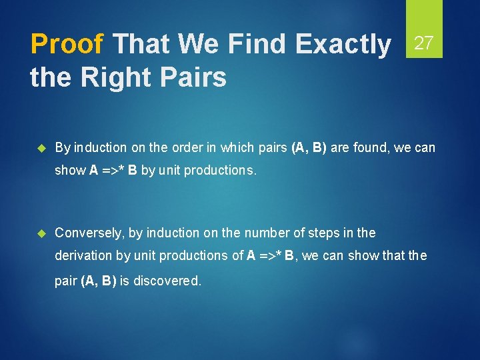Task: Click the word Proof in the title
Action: click(67, 45)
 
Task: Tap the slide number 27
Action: click(425, 43)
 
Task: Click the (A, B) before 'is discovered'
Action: click(99, 281)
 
